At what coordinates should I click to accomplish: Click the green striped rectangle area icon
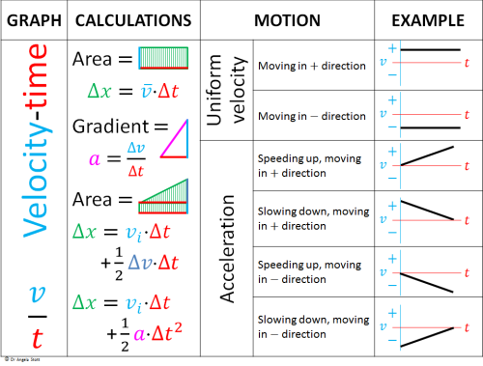(156, 58)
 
